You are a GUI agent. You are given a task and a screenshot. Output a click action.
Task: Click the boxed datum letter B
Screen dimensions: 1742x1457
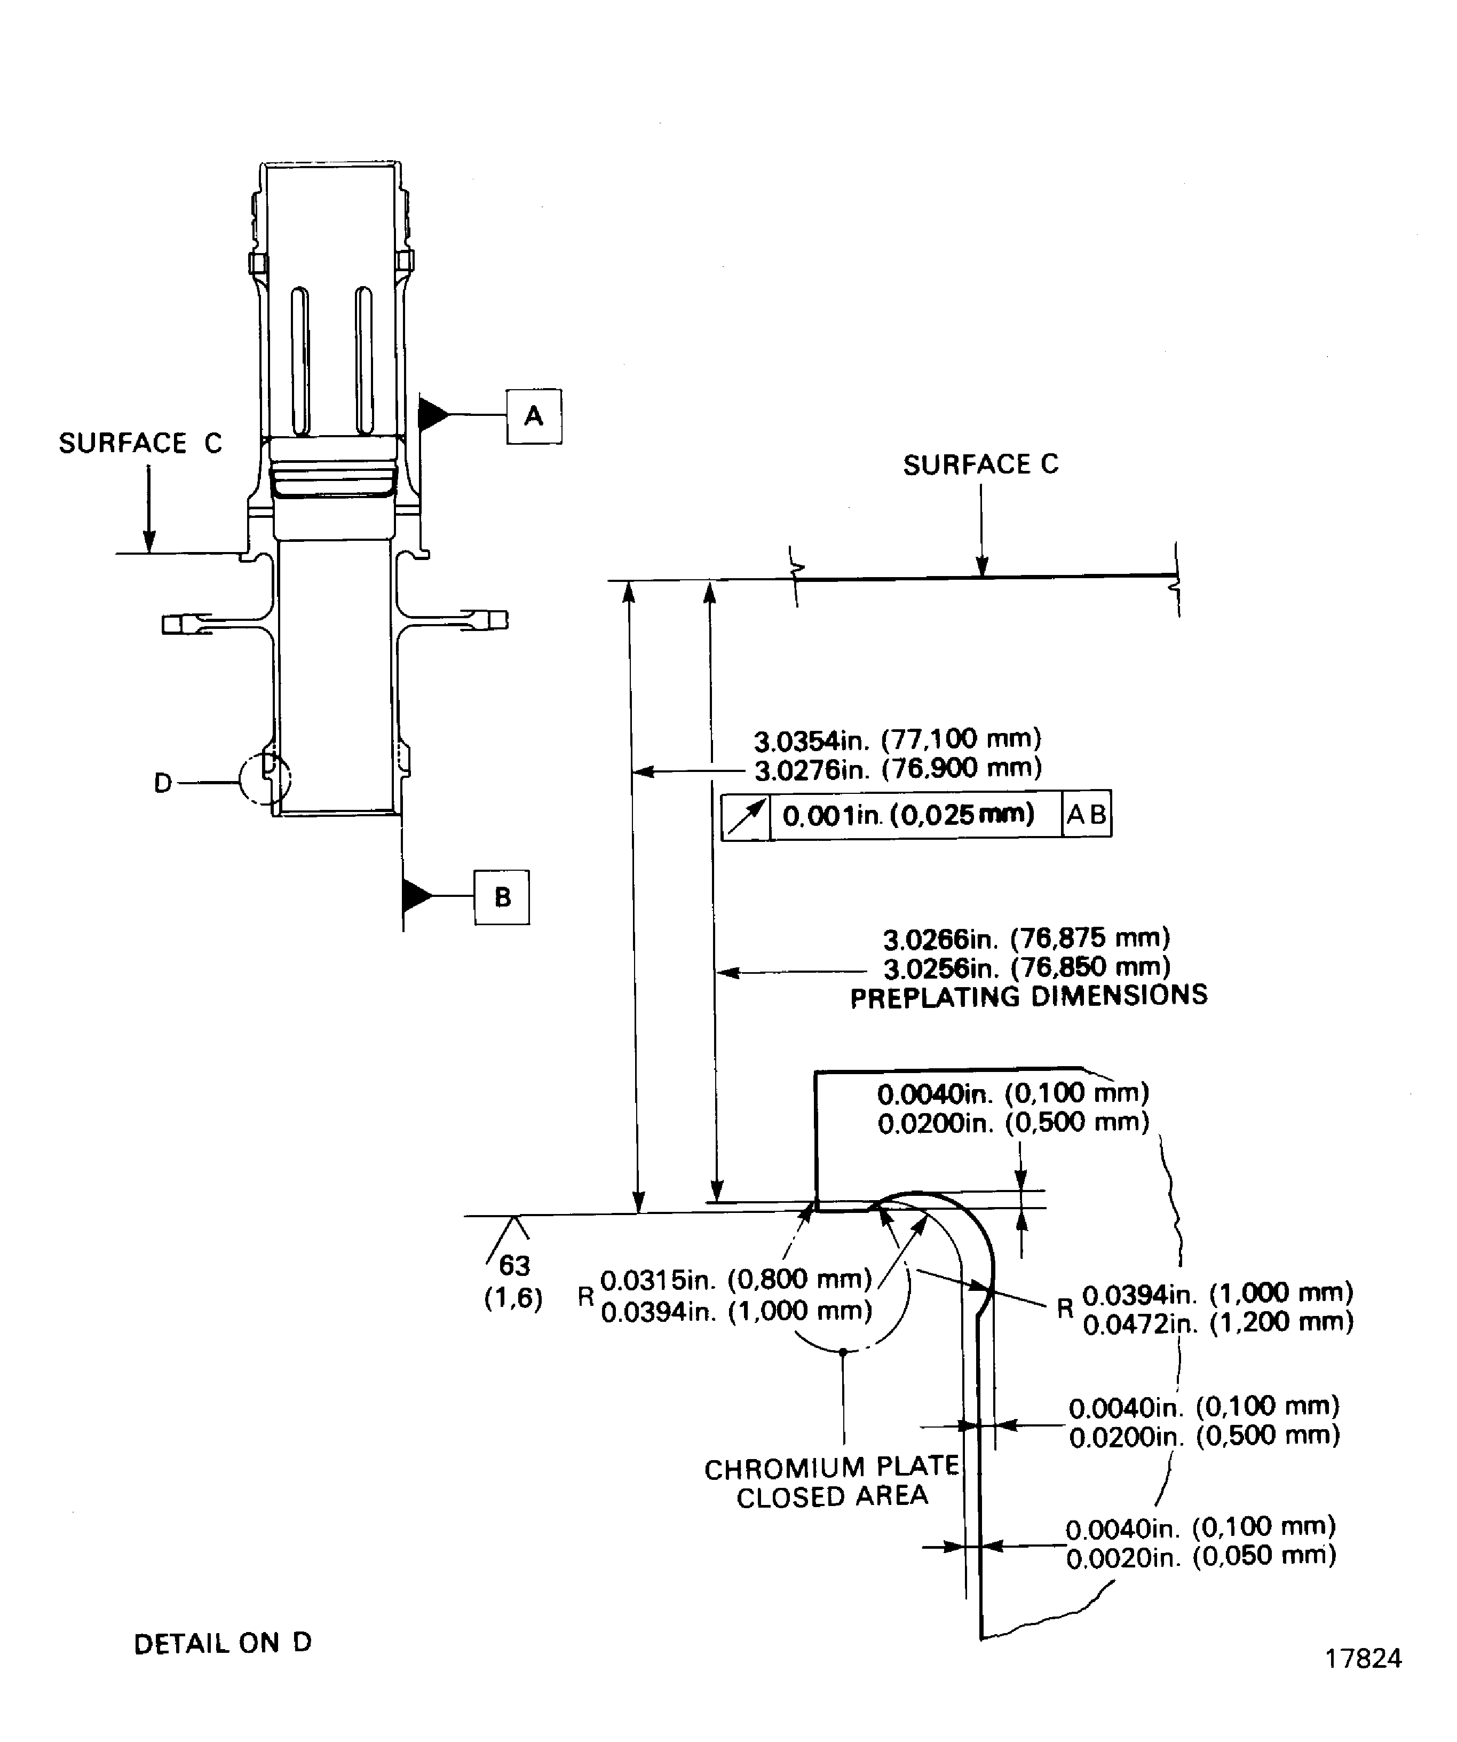tap(502, 897)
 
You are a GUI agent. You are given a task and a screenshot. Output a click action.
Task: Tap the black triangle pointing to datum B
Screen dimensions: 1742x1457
tap(416, 895)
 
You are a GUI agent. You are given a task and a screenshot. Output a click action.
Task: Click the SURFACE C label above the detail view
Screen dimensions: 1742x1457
tap(980, 464)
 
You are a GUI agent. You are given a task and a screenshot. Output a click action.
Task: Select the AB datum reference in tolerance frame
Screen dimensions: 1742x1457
tap(1086, 815)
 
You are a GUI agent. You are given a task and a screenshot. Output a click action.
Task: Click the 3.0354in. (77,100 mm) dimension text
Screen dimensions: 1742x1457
tap(897, 738)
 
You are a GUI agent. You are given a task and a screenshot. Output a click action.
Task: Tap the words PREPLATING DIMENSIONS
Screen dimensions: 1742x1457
tap(1028, 996)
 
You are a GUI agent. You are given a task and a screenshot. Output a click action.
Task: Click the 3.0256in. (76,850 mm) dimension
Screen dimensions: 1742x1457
tap(1027, 967)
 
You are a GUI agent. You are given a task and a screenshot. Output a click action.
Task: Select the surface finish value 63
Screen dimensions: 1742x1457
tap(514, 1265)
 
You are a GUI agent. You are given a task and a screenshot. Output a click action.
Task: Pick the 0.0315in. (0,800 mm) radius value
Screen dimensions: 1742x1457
tap(735, 1280)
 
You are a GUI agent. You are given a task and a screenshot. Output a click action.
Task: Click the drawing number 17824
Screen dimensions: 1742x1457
tap(1363, 1658)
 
